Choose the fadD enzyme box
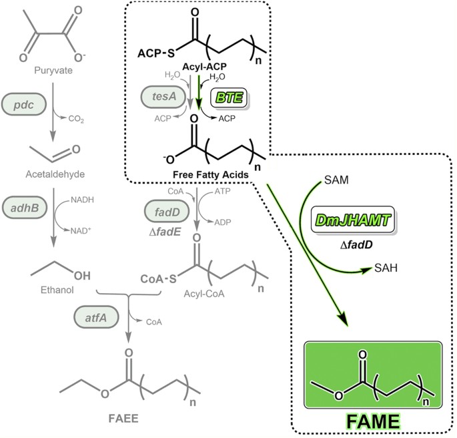tap(161, 215)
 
